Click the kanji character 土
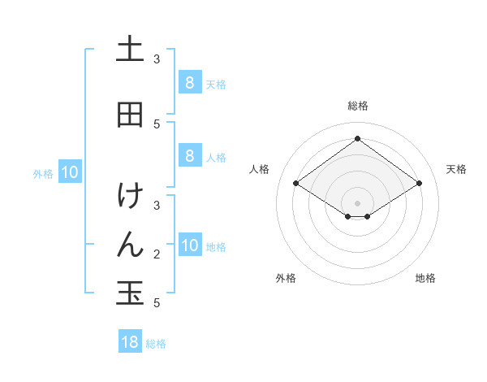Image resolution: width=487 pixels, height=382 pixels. [130, 50]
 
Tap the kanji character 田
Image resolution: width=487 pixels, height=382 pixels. [130, 115]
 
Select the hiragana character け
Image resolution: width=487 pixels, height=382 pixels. [130, 196]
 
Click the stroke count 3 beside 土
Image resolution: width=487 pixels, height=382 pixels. [157, 59]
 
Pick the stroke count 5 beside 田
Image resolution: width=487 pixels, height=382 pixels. [157, 124]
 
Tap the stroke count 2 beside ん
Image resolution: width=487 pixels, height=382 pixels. [157, 254]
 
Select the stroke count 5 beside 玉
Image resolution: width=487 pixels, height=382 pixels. [157, 303]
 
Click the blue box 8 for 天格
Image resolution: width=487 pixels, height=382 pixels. [189, 82]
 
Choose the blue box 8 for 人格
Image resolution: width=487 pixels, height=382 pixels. [189, 156]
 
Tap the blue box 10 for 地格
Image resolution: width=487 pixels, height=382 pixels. [190, 245]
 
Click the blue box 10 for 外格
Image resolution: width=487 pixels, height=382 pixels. [70, 172]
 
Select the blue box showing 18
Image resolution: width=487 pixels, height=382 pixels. [130, 342]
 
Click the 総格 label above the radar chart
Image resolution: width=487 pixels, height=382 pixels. [357, 106]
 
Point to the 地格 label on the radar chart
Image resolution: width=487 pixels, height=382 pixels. [425, 278]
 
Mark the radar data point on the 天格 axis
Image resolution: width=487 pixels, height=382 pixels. [419, 184]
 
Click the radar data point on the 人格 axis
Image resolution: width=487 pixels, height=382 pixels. [295, 184]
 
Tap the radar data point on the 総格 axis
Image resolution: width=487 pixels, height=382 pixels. [357, 138]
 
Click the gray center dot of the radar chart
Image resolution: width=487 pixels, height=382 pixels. [357, 203]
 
